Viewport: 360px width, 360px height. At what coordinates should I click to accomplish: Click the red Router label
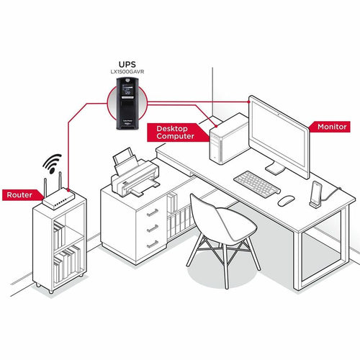(x=20, y=194)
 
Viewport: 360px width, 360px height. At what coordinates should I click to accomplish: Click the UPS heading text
(x=127, y=64)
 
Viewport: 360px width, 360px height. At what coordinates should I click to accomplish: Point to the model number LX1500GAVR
(x=127, y=72)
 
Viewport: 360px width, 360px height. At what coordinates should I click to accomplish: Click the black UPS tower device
(x=127, y=104)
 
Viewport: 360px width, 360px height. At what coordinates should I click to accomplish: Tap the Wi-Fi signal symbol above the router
(x=52, y=163)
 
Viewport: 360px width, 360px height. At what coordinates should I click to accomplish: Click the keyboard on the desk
(x=257, y=184)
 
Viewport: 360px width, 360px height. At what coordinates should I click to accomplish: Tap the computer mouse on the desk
(x=286, y=201)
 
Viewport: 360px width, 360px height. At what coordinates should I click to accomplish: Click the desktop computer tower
(x=229, y=139)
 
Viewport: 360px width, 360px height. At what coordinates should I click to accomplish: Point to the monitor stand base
(x=276, y=169)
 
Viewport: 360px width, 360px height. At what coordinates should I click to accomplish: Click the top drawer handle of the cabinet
(x=153, y=212)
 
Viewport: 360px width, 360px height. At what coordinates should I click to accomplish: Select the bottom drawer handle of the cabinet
(x=153, y=244)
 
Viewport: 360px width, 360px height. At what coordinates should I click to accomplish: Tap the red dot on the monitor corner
(x=249, y=102)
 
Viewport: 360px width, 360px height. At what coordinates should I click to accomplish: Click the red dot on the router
(x=68, y=190)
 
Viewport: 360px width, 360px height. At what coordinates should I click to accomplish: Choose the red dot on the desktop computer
(x=216, y=126)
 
